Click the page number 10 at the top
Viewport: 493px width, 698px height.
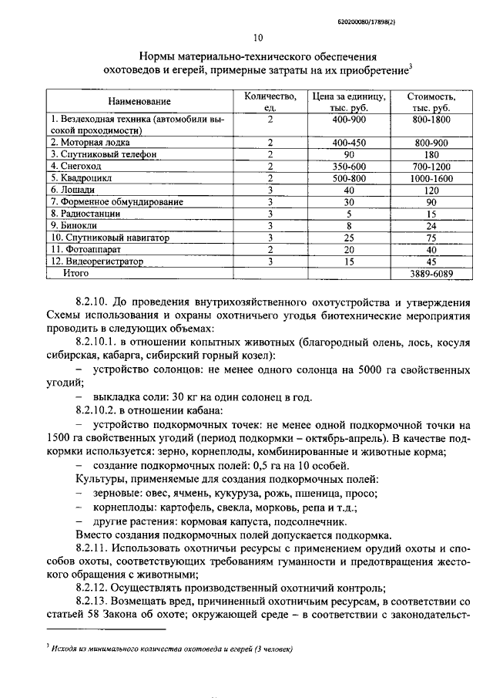[x=258, y=37]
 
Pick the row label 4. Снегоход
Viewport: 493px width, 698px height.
[x=77, y=166]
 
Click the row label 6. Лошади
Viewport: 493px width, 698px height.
[x=74, y=189]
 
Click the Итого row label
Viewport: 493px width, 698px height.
[x=76, y=273]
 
